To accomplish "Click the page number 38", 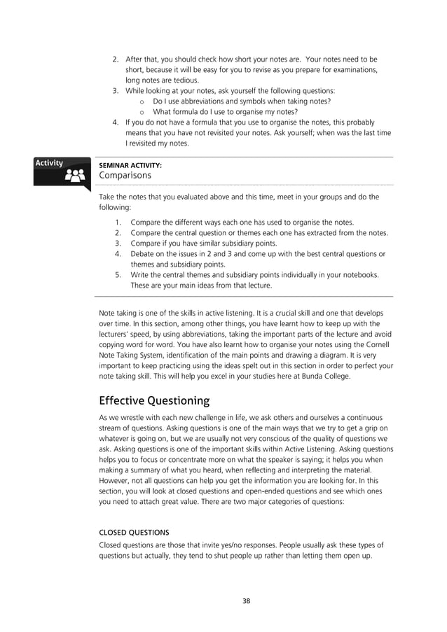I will pyautogui.click(x=246, y=601).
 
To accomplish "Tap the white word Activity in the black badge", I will pyautogui.click(x=50, y=163).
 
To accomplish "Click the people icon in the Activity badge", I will pyautogui.click(x=74, y=176).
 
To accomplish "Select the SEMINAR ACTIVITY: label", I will pyautogui.click(x=130, y=165).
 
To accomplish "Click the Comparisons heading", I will pyautogui.click(x=125, y=176).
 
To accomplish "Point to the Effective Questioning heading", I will pyautogui.click(x=154, y=401).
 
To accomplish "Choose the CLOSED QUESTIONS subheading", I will pyautogui.click(x=134, y=532).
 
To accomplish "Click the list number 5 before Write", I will pyautogui.click(x=118, y=275).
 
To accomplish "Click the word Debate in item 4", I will pyautogui.click(x=144, y=254).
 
